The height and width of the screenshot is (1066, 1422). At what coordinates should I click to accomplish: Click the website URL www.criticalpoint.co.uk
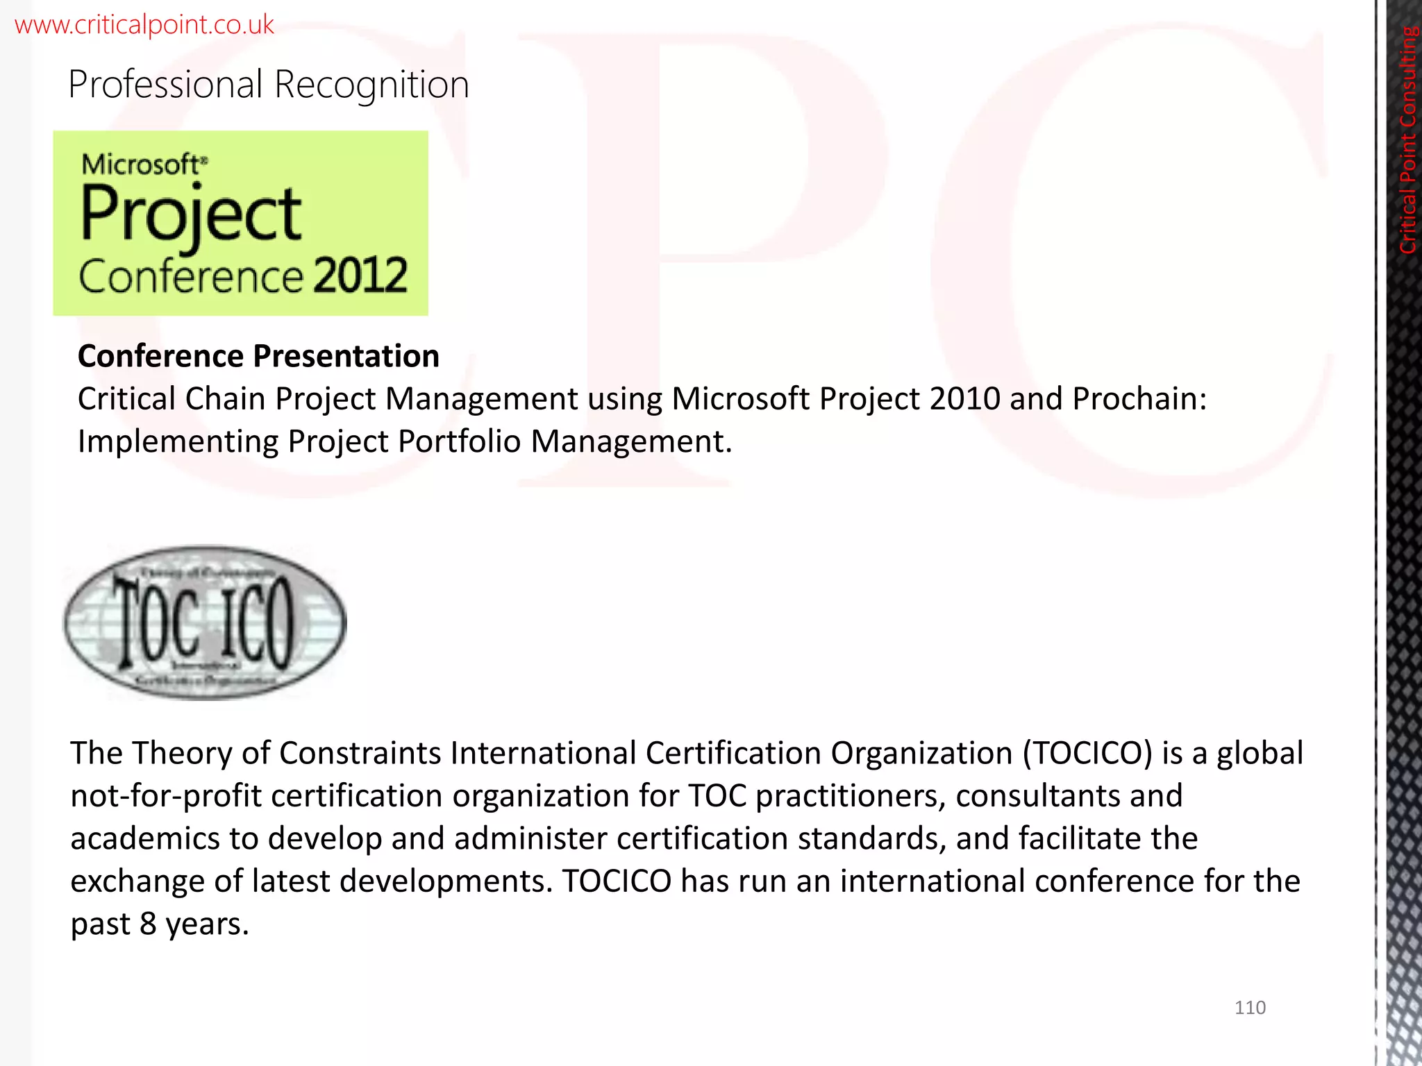[x=144, y=25]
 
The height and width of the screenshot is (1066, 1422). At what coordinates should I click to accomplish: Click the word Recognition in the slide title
[x=371, y=85]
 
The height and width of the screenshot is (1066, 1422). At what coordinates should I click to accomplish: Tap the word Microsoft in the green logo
[x=141, y=164]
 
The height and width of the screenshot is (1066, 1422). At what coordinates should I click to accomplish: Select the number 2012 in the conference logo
[x=360, y=276]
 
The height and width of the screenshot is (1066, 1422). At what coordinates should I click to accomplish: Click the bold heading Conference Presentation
[x=258, y=356]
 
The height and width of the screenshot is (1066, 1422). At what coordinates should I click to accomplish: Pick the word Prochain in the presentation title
[x=1139, y=399]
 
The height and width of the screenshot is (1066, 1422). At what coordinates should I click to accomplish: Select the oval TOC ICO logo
[x=204, y=623]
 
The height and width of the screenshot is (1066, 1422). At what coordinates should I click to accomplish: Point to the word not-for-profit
[x=166, y=796]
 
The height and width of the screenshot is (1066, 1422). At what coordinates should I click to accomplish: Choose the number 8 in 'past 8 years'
[x=148, y=924]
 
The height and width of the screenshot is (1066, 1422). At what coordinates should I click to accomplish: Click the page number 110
[x=1250, y=1008]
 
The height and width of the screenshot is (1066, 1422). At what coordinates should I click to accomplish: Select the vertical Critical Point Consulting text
[x=1408, y=139]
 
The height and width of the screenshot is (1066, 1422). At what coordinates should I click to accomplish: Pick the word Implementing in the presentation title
[x=178, y=442]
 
